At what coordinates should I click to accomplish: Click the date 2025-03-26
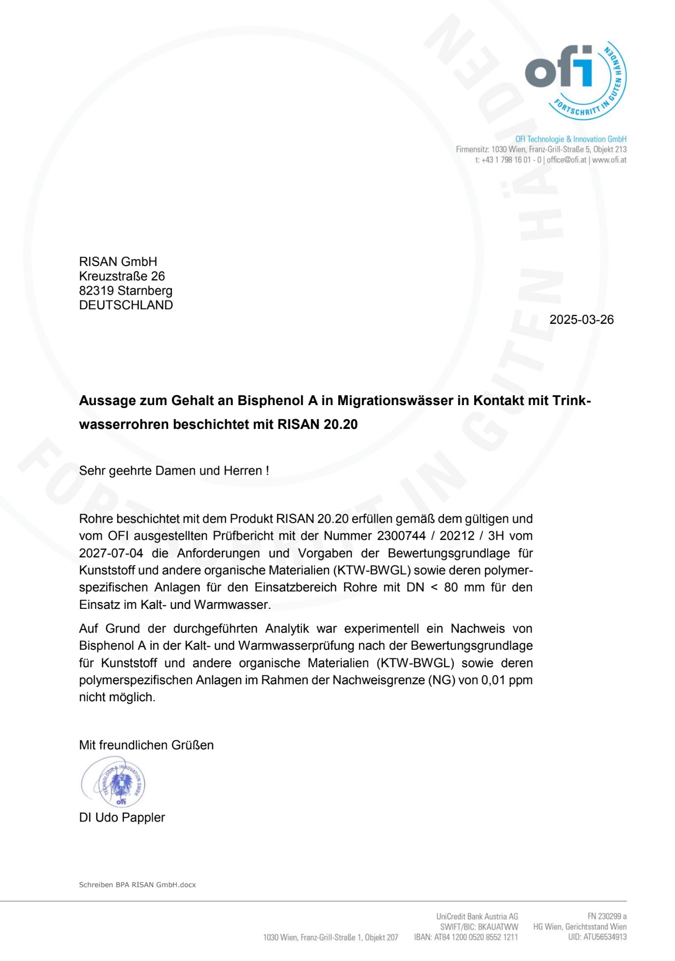[x=581, y=320]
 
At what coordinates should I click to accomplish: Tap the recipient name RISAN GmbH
[x=118, y=262]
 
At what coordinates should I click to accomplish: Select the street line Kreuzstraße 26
[x=122, y=276]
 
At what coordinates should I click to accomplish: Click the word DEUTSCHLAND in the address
[x=126, y=305]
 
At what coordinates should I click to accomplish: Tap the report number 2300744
[x=401, y=536]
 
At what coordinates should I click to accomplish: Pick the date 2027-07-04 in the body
[x=111, y=553]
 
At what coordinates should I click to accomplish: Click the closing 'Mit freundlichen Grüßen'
[x=146, y=745]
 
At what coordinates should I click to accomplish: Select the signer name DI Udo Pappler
[x=122, y=818]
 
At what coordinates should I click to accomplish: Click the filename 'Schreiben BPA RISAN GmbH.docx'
[x=137, y=885]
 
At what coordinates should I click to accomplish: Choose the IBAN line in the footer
[x=465, y=937]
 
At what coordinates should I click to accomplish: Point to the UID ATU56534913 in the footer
[x=597, y=937]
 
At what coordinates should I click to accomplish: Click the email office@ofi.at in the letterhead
[x=567, y=160]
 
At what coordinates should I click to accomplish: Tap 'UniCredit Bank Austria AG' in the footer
[x=477, y=917]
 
